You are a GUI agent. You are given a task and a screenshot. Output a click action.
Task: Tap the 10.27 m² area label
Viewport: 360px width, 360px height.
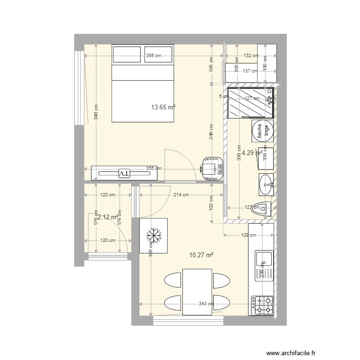pos(201,255)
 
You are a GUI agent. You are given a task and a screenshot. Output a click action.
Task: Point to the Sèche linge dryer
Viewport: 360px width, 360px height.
pos(263,131)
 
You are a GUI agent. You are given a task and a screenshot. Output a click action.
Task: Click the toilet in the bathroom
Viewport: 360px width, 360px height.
pos(261,209)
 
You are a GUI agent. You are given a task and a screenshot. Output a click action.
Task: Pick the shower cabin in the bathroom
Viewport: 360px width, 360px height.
pos(250,103)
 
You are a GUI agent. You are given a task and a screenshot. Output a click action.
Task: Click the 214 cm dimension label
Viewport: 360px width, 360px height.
pos(181,195)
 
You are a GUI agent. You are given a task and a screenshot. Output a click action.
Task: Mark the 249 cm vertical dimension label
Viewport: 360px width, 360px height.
pos(212,132)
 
